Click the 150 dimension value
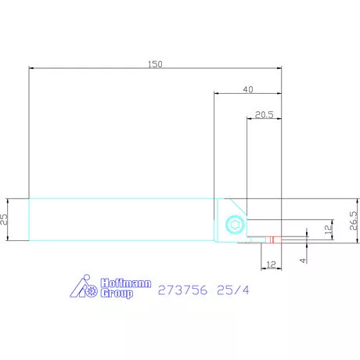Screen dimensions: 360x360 (155, 64)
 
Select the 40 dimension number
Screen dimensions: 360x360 (248, 89)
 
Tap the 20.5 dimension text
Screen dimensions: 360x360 (265, 115)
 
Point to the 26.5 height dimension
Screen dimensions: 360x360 (353, 221)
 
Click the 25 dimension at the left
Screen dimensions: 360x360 (4, 219)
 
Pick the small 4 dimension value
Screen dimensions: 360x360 (303, 260)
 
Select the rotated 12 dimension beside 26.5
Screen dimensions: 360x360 (329, 229)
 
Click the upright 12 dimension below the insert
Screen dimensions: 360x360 (271, 265)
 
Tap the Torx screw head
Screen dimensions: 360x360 (236, 225)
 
